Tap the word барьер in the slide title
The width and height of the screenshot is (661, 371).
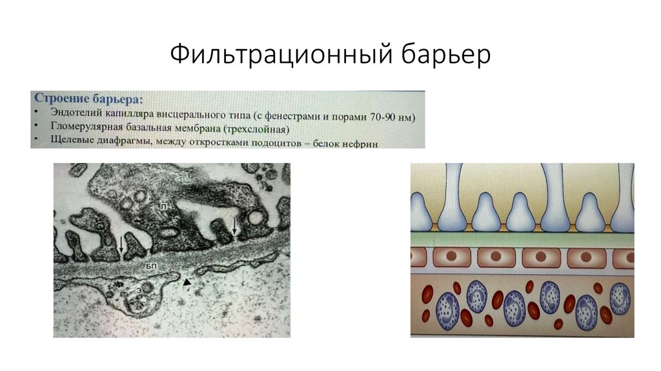(x=445, y=56)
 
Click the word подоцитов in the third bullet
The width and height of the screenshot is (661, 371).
(x=272, y=142)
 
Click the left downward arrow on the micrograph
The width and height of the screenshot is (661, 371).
(x=120, y=244)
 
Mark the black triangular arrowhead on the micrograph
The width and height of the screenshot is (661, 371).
(x=187, y=282)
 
